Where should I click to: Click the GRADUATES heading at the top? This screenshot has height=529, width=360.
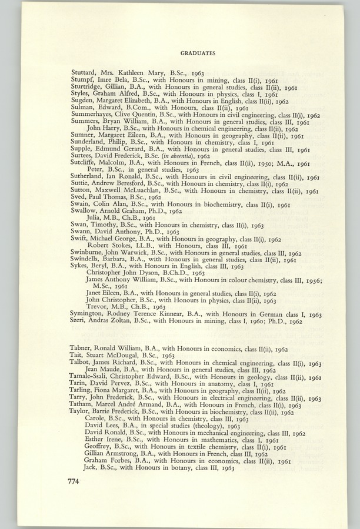coord(197,52)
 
